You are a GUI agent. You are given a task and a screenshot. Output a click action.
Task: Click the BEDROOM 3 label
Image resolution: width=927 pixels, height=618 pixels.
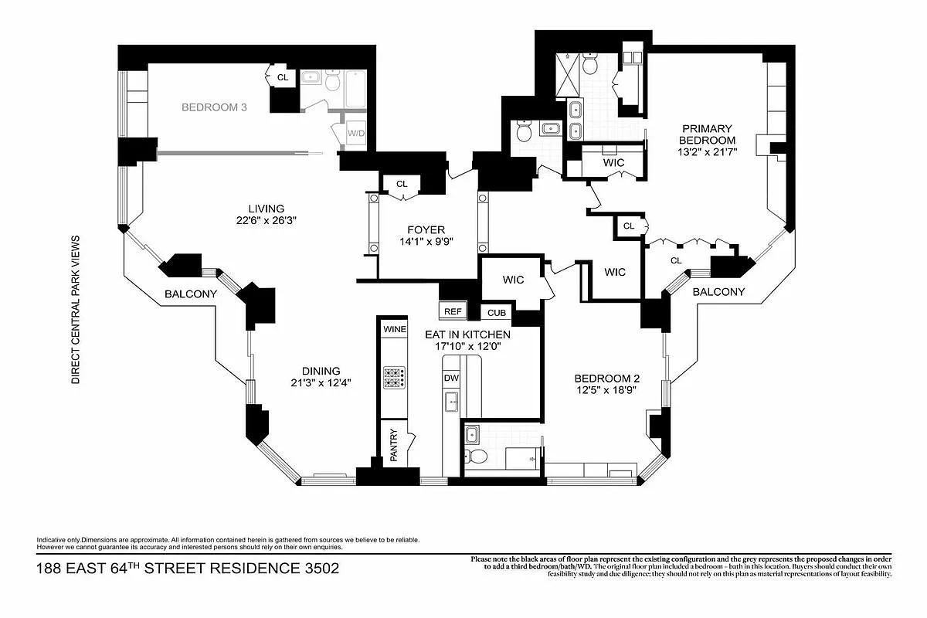coord(214,107)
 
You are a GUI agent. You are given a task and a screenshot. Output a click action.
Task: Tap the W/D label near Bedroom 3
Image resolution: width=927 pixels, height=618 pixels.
coord(356,134)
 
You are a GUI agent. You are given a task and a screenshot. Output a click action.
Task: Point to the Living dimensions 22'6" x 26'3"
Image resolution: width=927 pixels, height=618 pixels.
coord(266,220)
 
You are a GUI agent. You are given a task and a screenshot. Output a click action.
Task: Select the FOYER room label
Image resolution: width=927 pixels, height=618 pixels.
coord(426,229)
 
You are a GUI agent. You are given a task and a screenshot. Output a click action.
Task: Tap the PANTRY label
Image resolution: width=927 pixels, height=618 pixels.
coord(393,445)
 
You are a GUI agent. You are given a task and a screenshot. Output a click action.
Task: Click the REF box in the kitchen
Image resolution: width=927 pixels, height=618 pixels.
coord(453,312)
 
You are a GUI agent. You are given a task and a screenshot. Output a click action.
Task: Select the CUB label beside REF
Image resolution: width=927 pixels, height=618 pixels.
coord(496,313)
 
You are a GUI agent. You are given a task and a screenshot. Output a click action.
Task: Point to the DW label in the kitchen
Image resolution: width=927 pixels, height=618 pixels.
coord(450,378)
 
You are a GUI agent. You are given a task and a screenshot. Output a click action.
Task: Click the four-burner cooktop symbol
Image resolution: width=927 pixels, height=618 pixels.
coord(394,378)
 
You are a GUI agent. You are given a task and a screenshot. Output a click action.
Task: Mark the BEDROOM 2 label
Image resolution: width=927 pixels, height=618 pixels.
coord(606,379)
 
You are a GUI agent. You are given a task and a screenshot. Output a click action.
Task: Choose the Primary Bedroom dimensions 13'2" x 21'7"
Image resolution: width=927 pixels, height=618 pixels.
coord(706,152)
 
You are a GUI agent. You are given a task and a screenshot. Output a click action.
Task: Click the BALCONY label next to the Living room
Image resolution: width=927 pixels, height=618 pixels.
coord(190,294)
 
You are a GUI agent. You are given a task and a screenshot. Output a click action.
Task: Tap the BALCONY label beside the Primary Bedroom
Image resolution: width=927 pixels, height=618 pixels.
coord(718,292)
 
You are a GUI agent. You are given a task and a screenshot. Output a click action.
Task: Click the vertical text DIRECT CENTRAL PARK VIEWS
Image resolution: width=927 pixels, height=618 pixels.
coord(76,309)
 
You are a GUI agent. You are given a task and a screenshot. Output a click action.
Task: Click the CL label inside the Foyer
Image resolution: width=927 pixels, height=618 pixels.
coord(402,184)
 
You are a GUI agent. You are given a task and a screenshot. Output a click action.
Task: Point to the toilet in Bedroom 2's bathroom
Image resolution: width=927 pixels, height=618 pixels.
coord(477,456)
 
